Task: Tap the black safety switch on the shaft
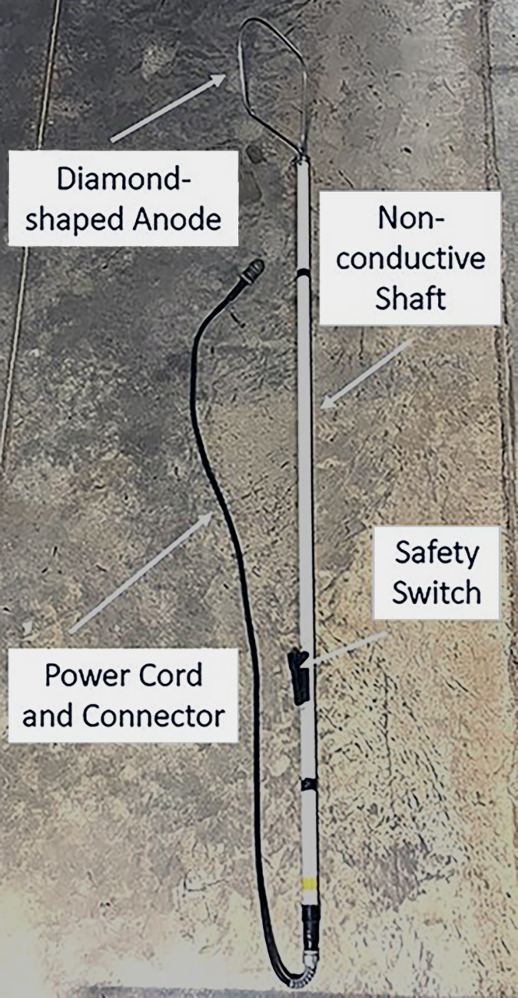click(299, 676)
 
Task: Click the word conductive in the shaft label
click(411, 257)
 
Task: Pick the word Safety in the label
click(436, 552)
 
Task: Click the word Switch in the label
click(437, 591)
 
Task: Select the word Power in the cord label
click(81, 675)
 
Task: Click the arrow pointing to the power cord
click(143, 571)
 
